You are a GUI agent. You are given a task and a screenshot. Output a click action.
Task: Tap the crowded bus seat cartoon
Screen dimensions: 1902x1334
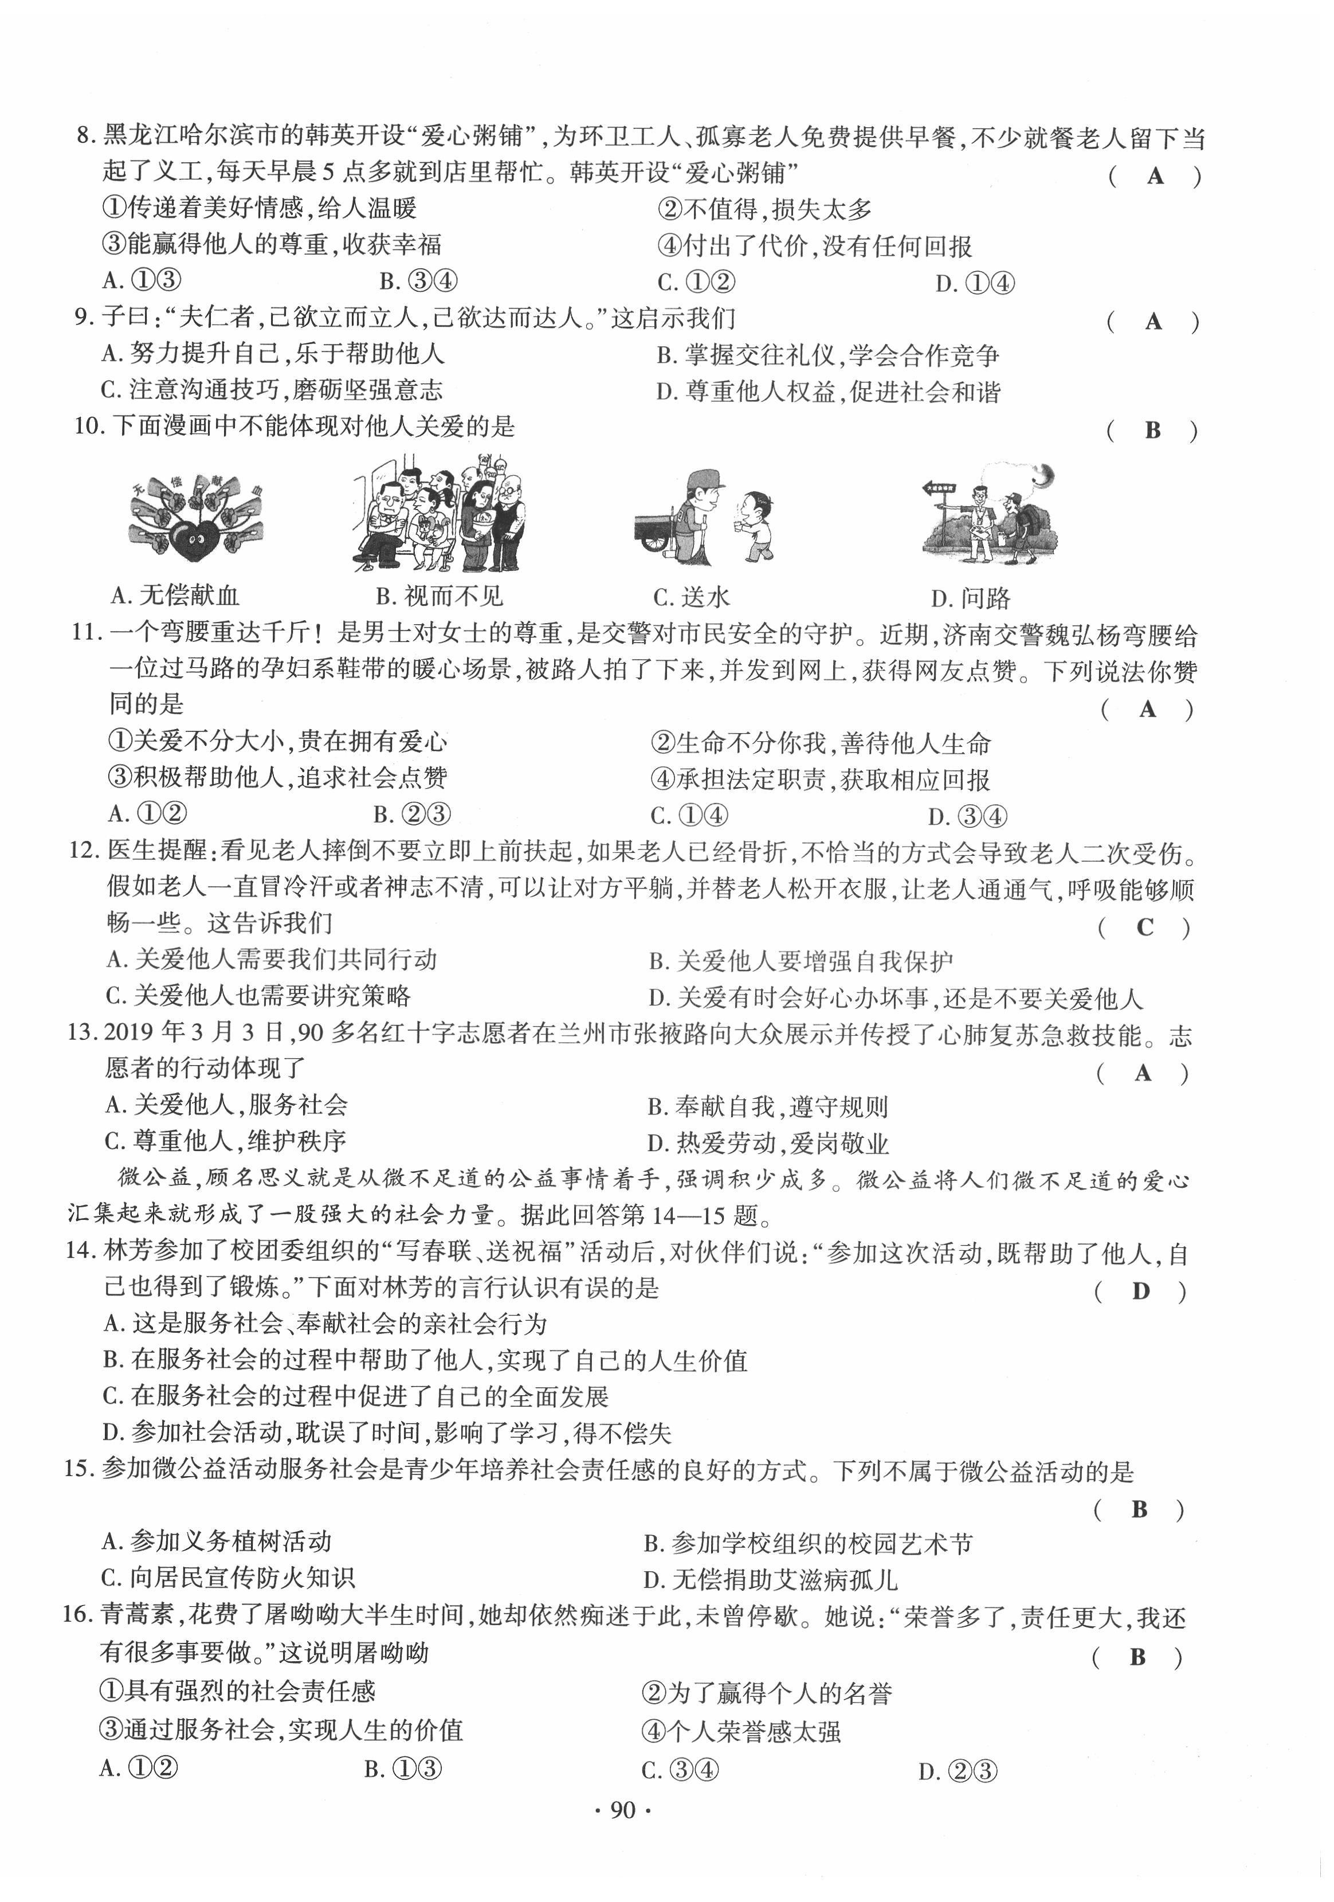(x=440, y=514)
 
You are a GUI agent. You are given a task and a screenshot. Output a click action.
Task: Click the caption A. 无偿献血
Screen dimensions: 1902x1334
(x=175, y=595)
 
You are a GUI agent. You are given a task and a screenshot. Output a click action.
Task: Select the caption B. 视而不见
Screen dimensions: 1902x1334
(x=439, y=596)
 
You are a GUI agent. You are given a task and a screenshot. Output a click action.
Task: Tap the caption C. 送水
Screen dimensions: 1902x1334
(x=692, y=596)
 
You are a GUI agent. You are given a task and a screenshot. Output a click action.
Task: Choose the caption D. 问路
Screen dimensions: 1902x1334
(x=971, y=598)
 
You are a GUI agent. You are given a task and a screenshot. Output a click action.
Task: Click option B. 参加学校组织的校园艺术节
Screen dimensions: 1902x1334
(x=808, y=1543)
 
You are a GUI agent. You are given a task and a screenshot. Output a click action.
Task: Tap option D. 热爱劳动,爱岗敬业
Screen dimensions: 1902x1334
(x=768, y=1144)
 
